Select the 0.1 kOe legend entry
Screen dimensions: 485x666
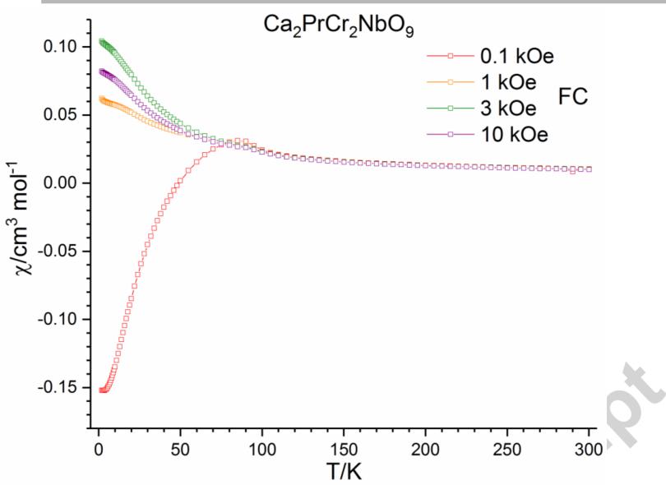(x=510, y=57)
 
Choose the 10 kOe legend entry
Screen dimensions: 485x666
(x=508, y=133)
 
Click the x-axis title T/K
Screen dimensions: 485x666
(x=343, y=471)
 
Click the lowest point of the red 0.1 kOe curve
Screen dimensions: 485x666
(x=102, y=390)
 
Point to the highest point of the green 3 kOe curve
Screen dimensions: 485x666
(x=101, y=41)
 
